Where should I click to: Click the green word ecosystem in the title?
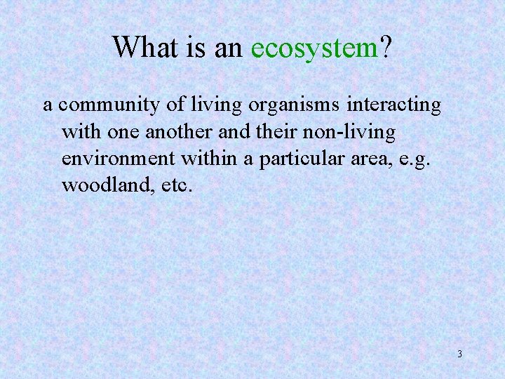click(x=314, y=48)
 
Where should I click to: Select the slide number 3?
click(x=459, y=354)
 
